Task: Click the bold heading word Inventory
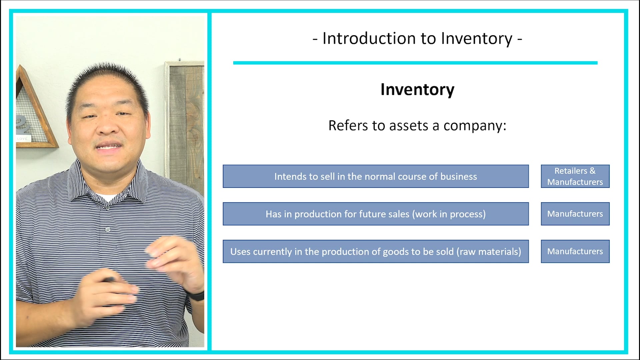(417, 90)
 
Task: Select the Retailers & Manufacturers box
(575, 176)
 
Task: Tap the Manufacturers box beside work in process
(575, 214)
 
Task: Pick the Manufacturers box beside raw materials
(575, 251)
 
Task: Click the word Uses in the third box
(240, 252)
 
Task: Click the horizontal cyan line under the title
(415, 63)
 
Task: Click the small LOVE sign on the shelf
(23, 138)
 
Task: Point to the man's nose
(107, 127)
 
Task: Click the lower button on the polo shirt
(107, 229)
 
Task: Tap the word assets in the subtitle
(409, 126)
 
